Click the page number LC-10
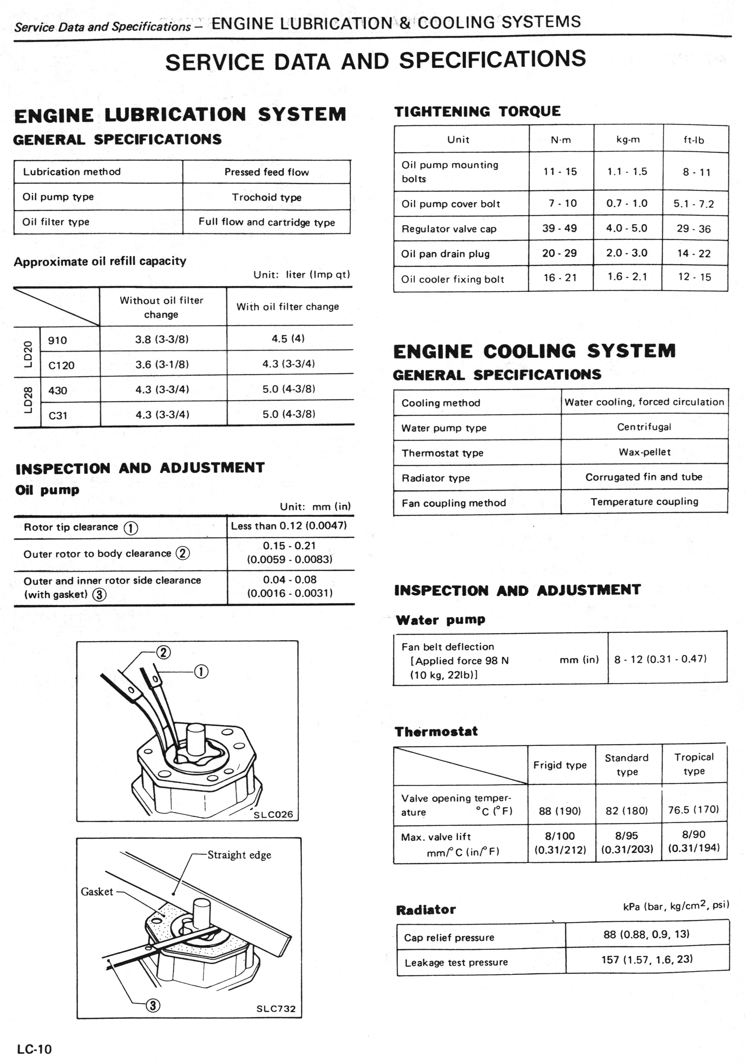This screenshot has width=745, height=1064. (x=34, y=1049)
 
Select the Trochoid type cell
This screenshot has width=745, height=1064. (x=267, y=197)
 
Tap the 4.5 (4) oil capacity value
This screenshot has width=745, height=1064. (x=288, y=338)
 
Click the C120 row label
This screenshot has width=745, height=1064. (x=61, y=365)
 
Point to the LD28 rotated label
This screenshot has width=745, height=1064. (x=28, y=400)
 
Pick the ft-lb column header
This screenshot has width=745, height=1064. (x=694, y=139)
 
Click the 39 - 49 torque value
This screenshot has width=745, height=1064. (x=560, y=228)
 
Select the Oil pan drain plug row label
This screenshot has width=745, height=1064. (x=445, y=253)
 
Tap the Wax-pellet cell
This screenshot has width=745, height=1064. (x=644, y=452)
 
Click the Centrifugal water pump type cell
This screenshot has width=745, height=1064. (x=644, y=427)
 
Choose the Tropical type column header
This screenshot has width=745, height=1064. (x=694, y=764)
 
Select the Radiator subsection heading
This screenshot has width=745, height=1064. (x=425, y=910)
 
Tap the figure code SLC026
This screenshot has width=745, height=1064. (x=273, y=814)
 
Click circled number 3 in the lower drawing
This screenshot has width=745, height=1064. (x=153, y=1005)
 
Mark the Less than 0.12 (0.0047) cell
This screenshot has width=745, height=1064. (x=289, y=526)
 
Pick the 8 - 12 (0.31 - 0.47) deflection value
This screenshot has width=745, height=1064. (x=660, y=658)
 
